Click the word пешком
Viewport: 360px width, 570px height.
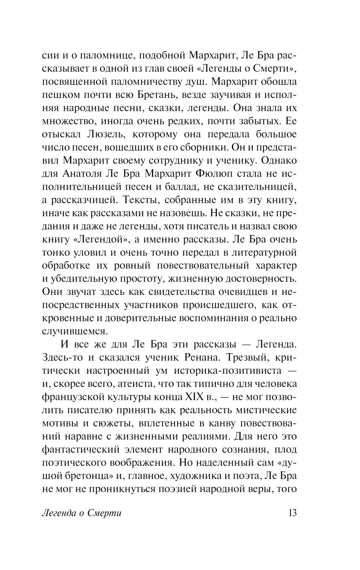click(x=59, y=95)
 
